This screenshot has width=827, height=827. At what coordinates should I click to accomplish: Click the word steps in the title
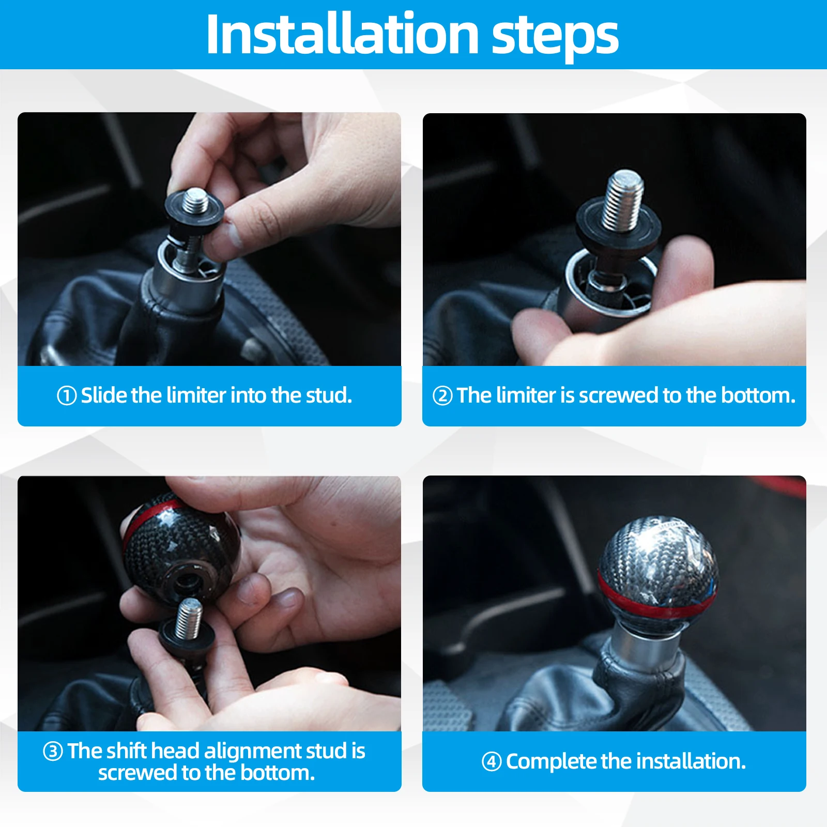pos(555,37)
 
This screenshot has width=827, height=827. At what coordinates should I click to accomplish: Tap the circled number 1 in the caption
pos(67,396)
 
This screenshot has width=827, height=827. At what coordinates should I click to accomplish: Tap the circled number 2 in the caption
pos(442,396)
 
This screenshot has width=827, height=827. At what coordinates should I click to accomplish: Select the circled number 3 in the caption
pos(53,751)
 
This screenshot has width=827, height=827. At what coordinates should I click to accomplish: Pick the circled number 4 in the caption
pos(492,761)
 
